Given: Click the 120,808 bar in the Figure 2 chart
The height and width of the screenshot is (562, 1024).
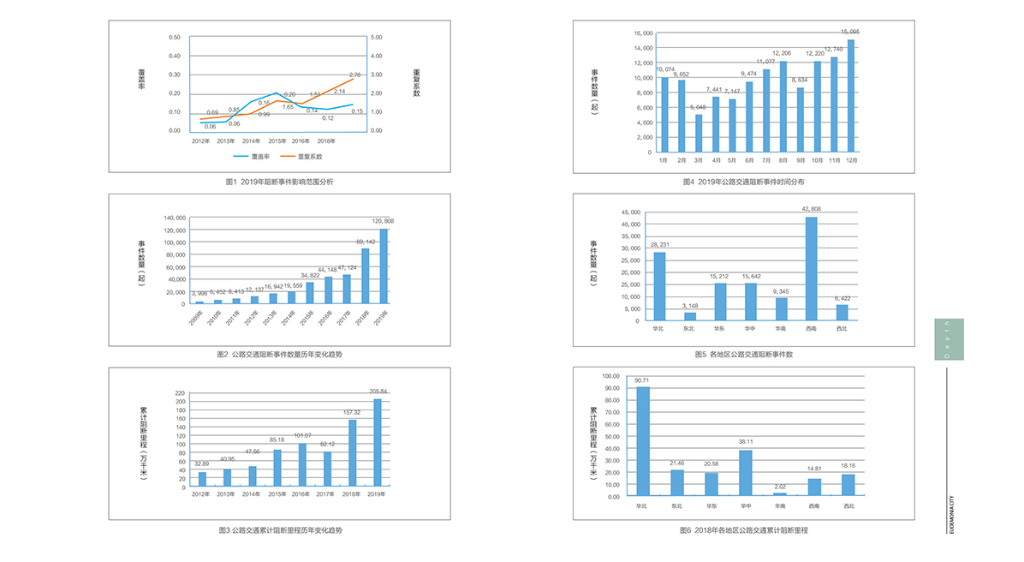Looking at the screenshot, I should tap(384, 266).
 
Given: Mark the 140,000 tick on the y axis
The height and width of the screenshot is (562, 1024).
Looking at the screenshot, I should tap(175, 218).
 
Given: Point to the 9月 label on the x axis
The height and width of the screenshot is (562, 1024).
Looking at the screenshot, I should tap(800, 160).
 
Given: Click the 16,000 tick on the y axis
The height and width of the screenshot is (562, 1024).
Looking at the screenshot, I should tap(643, 33).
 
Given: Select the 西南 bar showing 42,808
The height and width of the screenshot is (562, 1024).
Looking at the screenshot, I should tap(811, 269).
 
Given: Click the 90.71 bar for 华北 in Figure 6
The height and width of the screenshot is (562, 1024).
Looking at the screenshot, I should tap(642, 441).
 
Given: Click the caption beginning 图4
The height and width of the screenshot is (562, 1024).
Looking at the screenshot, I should tap(743, 182).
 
